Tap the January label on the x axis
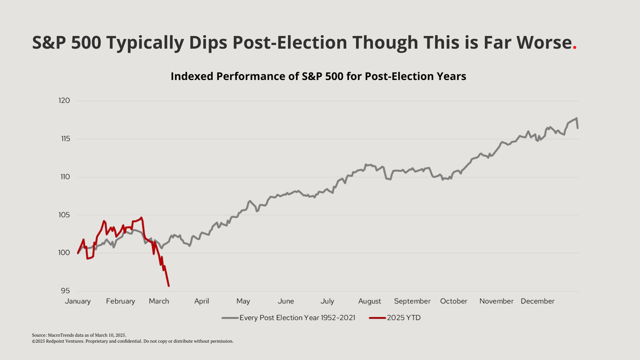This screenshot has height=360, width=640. (x=78, y=301)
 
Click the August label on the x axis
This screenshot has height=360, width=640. (x=370, y=301)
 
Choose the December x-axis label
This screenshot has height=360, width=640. (x=538, y=301)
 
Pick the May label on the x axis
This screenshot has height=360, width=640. (x=243, y=301)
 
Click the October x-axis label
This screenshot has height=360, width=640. (x=454, y=301)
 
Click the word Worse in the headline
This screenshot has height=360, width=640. (x=543, y=43)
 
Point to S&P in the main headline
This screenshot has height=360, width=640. (x=53, y=43)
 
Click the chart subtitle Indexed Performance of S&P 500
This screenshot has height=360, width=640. (x=318, y=76)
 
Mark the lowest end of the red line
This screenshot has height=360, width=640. (x=169, y=286)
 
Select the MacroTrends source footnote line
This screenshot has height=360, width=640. (x=79, y=334)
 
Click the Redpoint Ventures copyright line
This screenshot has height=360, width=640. (x=133, y=341)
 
